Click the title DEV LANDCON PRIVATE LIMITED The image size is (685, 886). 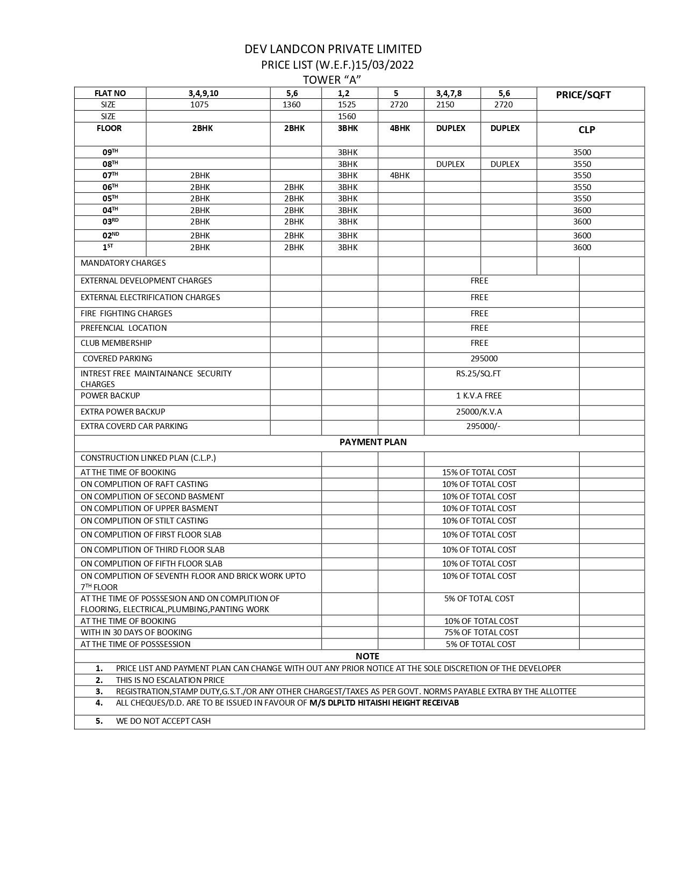(333, 49)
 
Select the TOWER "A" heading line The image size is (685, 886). (331, 80)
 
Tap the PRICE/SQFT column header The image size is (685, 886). (583, 95)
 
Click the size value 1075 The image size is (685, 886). (199, 105)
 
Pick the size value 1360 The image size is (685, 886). (292, 105)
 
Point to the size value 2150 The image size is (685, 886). (445, 105)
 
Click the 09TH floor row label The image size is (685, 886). (110, 152)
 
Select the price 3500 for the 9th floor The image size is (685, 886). (582, 152)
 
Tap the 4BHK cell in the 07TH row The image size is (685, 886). (400, 176)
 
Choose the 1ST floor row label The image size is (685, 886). (108, 248)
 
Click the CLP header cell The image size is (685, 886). (587, 130)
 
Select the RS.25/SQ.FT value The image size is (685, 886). (478, 374)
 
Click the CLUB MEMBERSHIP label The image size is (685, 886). (116, 343)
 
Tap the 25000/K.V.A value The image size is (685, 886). (479, 412)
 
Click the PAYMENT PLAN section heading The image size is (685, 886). (373, 442)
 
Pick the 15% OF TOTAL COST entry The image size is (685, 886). (479, 473)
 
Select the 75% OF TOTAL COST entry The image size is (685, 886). (481, 633)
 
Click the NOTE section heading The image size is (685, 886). (367, 656)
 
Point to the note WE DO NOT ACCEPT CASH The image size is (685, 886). (163, 721)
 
